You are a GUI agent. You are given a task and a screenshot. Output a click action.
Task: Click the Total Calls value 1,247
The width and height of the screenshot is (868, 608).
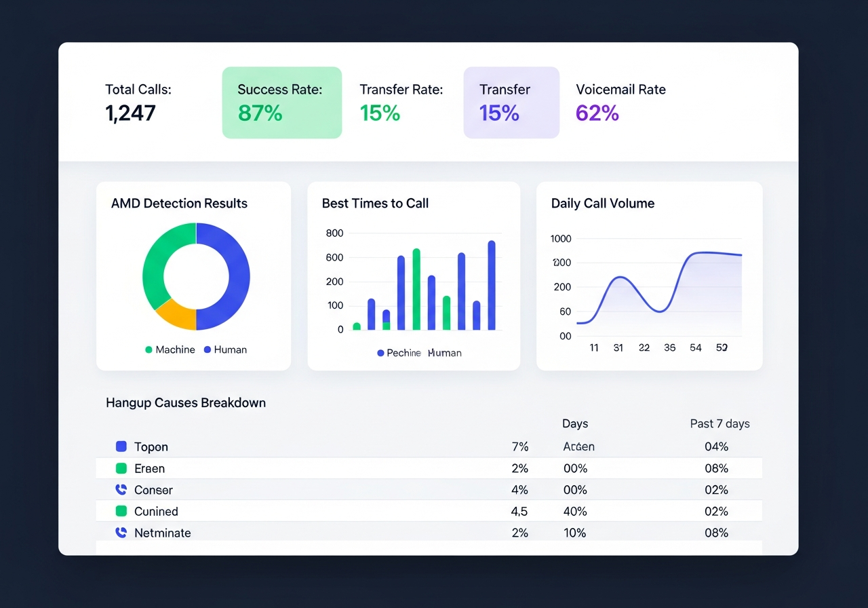[x=130, y=113]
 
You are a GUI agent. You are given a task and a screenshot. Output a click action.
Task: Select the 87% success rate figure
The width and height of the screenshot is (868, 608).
[x=260, y=113]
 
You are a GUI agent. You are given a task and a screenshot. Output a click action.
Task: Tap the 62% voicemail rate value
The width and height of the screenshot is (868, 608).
[x=597, y=113]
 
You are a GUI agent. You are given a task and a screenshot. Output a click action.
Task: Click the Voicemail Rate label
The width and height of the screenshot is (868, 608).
[x=620, y=90]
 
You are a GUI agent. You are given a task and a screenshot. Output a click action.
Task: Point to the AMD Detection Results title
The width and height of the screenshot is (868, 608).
[x=179, y=204]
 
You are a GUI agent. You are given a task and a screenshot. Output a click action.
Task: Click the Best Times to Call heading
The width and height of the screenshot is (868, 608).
[x=375, y=204]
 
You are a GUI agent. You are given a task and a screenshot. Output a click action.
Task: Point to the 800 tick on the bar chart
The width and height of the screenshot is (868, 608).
[x=334, y=233]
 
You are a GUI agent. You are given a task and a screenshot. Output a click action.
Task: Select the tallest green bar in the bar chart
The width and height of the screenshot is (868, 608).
[x=416, y=289]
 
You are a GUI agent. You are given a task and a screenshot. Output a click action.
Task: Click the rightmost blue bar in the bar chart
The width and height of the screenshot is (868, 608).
[x=492, y=285]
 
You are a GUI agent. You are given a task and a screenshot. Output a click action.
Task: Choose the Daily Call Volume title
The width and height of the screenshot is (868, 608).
[x=602, y=204]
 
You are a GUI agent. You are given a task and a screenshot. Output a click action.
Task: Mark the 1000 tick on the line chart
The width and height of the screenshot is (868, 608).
[x=561, y=239]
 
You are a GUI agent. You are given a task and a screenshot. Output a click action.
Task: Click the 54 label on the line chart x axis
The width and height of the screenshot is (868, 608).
[x=695, y=347]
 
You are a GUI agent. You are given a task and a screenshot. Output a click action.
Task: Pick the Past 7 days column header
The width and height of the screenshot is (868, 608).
[x=719, y=424]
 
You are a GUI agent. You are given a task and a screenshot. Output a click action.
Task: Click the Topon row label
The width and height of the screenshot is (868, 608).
[x=151, y=447]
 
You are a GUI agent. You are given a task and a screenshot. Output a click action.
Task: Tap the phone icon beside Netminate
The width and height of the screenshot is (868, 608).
[x=121, y=533]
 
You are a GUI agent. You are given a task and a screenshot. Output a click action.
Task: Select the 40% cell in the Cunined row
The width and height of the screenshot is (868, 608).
[x=575, y=512]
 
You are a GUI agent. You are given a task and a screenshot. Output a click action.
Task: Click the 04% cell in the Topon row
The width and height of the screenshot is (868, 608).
[x=716, y=447]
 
